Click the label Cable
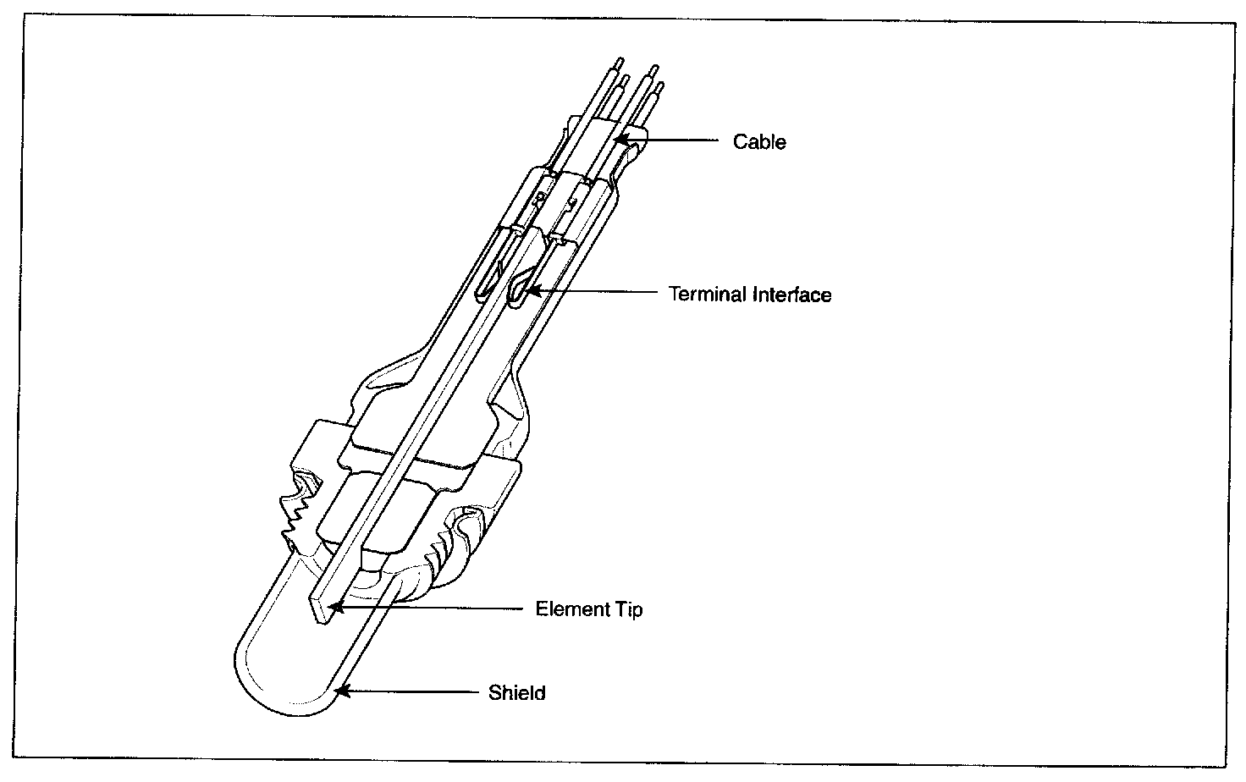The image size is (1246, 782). point(759,141)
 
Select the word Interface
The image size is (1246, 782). point(791,295)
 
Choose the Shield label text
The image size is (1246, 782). point(516,693)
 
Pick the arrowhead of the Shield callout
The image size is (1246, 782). point(340,691)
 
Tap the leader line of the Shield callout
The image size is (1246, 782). point(415,691)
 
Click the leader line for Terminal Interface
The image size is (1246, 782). point(593,293)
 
